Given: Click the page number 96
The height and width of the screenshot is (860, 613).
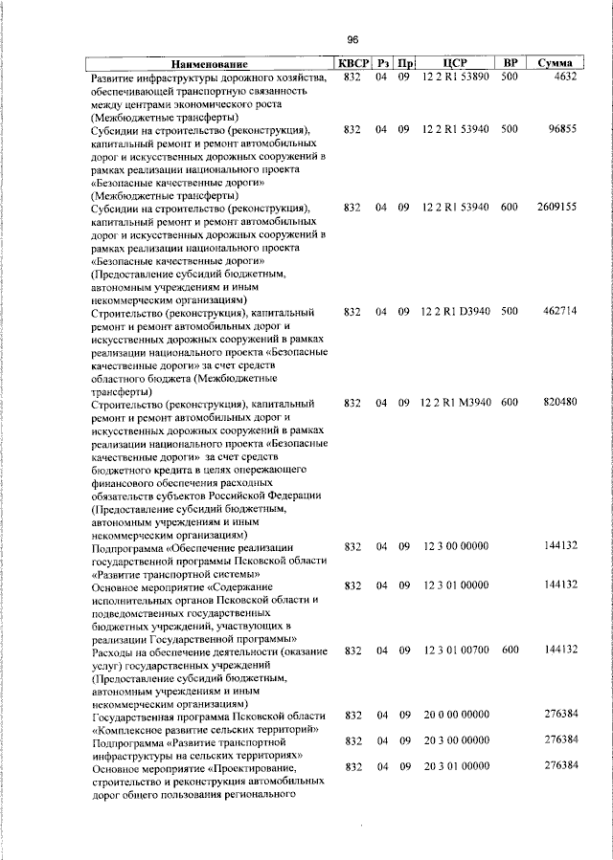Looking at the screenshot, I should [x=352, y=39].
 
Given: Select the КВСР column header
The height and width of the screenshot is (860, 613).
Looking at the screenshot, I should [x=352, y=63].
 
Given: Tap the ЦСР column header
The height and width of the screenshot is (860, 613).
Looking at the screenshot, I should [x=454, y=63].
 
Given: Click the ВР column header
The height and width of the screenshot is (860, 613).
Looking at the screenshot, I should [x=510, y=63].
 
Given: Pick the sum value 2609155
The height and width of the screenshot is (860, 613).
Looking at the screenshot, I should [x=556, y=207].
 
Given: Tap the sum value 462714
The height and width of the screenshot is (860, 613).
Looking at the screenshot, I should [x=557, y=312].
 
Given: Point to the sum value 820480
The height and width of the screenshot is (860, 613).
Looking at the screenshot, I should [x=557, y=402].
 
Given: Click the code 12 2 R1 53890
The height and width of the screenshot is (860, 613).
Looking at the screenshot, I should [x=454, y=77].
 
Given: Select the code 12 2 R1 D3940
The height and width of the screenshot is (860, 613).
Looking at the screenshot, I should [x=454, y=312].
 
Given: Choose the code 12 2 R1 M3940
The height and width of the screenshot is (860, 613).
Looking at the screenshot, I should [x=454, y=402].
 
